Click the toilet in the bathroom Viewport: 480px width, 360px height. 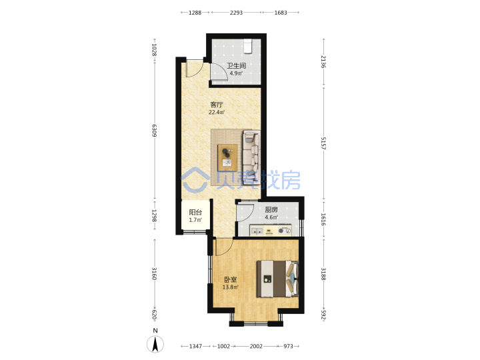(247, 46)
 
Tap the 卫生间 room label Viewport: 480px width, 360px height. (236, 65)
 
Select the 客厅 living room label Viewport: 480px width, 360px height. (217, 105)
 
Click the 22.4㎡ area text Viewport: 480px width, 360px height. (217, 113)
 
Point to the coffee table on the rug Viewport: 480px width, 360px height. (227, 157)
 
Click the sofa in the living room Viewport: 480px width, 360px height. (251, 156)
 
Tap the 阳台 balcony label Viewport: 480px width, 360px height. (195, 212)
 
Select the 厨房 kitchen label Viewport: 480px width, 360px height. (271, 210)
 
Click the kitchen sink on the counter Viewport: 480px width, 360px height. (257, 231)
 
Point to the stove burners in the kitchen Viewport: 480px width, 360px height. (285, 231)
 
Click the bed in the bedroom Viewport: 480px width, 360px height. (277, 279)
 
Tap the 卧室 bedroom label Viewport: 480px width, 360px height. (230, 279)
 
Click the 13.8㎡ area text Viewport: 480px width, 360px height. (230, 287)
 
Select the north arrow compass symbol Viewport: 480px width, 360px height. (155, 344)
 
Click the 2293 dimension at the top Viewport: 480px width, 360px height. (236, 13)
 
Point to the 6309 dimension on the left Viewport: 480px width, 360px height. (154, 131)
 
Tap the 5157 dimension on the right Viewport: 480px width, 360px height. (323, 143)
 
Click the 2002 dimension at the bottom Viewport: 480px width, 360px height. (256, 346)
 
